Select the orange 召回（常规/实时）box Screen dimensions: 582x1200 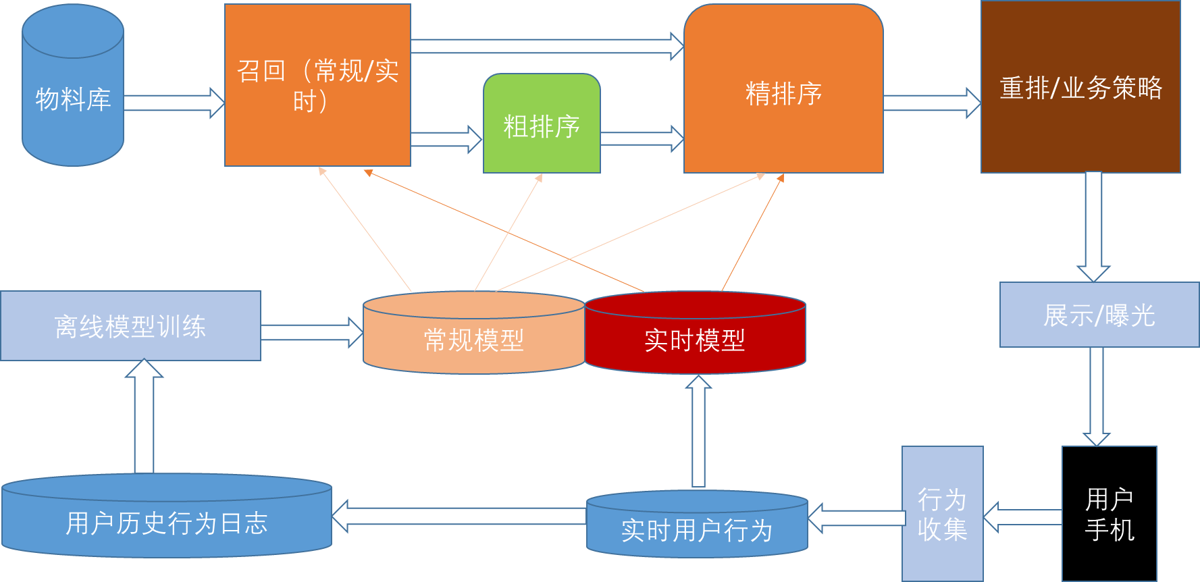(317, 86)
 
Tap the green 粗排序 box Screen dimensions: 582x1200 (542, 125)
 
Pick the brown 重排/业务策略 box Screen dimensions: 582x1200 (1080, 88)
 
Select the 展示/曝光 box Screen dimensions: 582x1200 (1099, 315)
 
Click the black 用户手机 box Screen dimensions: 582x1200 (1109, 514)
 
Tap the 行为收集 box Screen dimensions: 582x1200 (942, 514)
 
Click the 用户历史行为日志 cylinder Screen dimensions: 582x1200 (167, 520)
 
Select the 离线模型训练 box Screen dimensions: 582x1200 (130, 326)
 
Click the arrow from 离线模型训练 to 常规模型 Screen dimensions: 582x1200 (311, 332)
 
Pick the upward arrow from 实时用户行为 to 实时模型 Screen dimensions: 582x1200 (698, 432)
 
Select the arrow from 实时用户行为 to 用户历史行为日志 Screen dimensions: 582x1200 (459, 517)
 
